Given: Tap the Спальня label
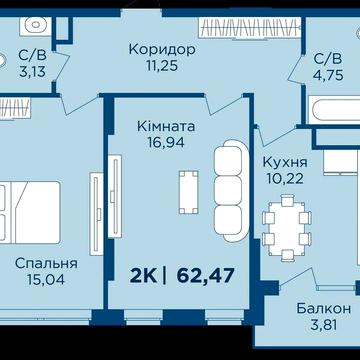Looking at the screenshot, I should pos(46,263).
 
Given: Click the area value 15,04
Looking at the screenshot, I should pos(46,281).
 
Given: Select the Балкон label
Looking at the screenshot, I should pos(323,307).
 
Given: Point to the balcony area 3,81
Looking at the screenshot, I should pos(323,324).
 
